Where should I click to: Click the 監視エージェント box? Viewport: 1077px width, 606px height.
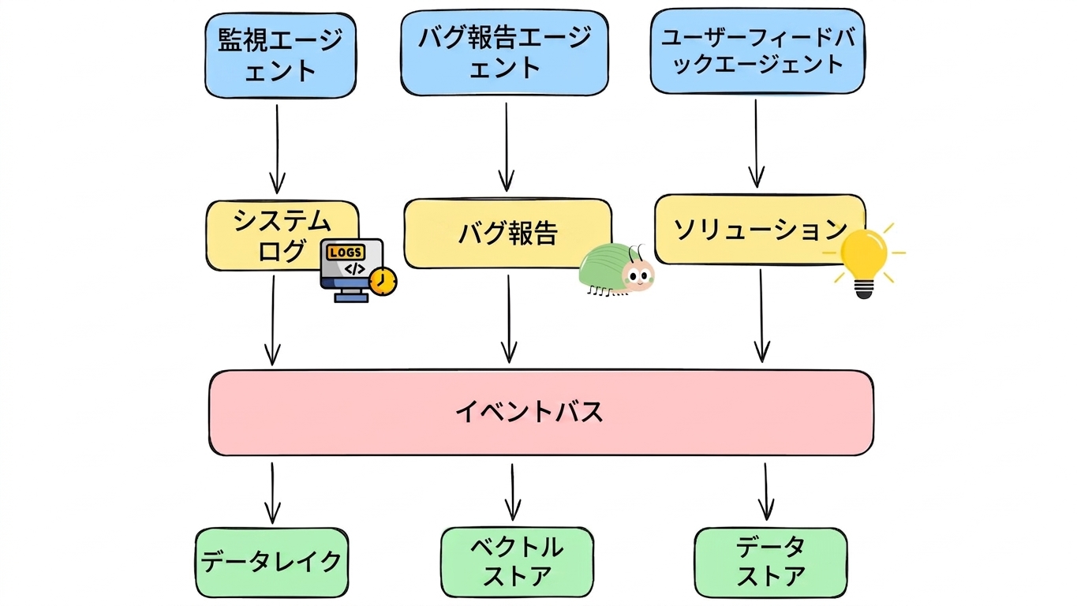click(280, 55)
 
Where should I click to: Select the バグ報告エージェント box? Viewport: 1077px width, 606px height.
click(504, 52)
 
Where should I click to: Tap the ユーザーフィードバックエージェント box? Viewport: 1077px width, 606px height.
click(757, 50)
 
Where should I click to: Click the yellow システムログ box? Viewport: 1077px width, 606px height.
click(282, 235)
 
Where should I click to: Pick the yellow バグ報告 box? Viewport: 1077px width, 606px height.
click(508, 234)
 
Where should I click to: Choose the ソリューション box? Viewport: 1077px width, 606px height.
click(760, 229)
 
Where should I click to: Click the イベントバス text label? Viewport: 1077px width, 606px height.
click(529, 412)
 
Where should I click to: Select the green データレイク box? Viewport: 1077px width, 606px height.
click(271, 563)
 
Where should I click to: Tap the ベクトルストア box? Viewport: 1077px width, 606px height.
click(517, 562)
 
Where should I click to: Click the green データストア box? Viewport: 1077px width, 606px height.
click(771, 563)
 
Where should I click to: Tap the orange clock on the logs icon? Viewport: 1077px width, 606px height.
click(383, 281)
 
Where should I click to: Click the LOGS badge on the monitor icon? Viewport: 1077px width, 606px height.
click(346, 252)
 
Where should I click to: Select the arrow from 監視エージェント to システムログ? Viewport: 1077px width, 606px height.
click(277, 150)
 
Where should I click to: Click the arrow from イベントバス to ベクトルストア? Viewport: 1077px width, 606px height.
click(513, 492)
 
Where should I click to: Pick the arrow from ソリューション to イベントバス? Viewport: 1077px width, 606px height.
click(761, 316)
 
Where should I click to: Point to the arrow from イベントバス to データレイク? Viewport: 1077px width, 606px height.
click(272, 493)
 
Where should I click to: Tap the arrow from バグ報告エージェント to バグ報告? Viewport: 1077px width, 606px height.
click(507, 148)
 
